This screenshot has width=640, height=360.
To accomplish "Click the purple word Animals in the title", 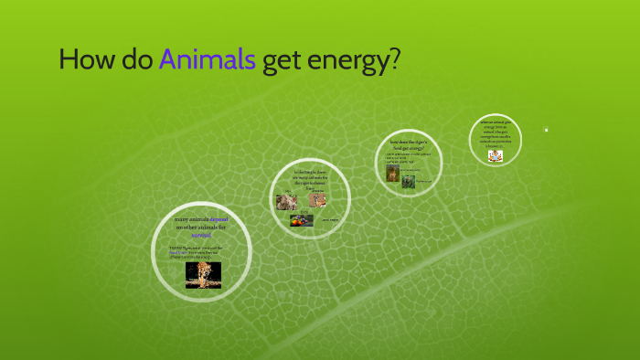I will click(207, 60).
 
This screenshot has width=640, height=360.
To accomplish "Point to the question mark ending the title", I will click(394, 60).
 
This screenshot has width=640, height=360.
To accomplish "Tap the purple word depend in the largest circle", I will click(219, 220).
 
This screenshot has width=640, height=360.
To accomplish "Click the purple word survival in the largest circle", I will click(201, 235).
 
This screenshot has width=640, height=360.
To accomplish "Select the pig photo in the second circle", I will click(286, 202).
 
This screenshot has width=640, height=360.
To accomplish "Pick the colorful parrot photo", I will click(302, 220).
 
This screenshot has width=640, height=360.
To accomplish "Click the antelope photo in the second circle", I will click(317, 199).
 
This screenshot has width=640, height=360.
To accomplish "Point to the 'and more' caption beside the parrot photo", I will click(330, 220).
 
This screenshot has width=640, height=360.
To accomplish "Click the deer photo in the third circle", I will click(392, 173).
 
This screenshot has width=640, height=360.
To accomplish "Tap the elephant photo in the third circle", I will click(409, 181).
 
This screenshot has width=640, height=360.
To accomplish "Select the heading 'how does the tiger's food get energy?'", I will click(409, 143).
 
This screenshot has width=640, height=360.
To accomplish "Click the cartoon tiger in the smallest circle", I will click(495, 155).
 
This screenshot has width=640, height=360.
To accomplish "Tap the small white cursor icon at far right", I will click(546, 129).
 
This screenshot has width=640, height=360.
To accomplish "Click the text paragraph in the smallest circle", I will click(496, 133).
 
